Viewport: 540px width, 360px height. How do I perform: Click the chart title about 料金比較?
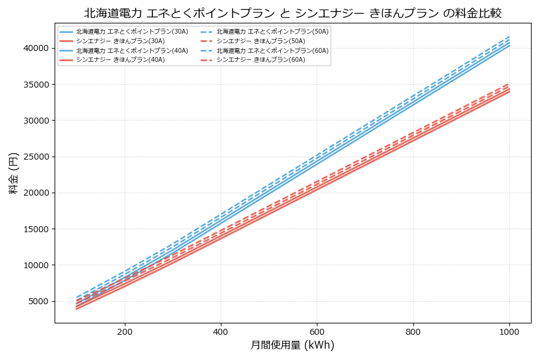coord(292,13)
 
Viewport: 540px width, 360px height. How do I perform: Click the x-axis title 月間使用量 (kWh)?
coord(292,345)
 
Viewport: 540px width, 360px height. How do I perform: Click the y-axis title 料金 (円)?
coord(13,173)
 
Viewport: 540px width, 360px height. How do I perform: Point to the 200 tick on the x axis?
coord(125,331)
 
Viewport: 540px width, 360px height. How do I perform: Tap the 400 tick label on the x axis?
coord(221,331)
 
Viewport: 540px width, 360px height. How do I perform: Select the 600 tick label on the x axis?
coord(317,331)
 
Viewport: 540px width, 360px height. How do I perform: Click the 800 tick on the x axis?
coord(413,331)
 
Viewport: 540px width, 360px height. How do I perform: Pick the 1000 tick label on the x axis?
coord(509,331)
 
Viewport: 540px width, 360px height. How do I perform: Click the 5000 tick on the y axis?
coord(39,301)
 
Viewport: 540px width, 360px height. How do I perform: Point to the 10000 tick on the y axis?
coord(37,265)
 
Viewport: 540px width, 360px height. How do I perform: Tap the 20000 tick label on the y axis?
coord(37,193)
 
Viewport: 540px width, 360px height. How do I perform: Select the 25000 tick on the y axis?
coord(37,157)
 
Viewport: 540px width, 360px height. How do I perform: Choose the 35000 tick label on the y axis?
coord(37,85)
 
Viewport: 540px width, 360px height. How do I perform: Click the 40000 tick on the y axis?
coord(37,48)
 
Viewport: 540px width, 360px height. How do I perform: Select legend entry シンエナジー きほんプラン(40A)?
coord(120,60)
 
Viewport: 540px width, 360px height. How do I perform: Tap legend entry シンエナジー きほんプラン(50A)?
coord(260,41)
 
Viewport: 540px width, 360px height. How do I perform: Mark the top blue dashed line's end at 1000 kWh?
coord(509,37)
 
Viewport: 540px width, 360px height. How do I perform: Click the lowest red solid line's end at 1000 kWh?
coord(509,91)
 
